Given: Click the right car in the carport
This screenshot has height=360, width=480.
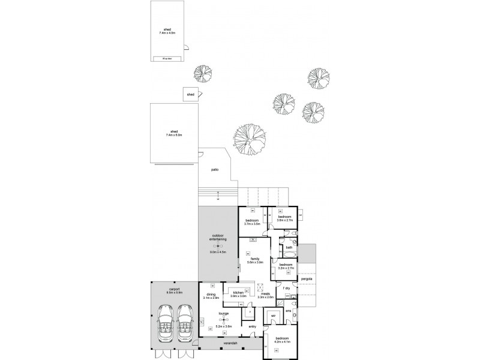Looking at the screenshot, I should point(184,322).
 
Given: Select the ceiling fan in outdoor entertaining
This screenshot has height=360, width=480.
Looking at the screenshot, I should point(218,247).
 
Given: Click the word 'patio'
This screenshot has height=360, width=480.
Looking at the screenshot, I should point(214,169).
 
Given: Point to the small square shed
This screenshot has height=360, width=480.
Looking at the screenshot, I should point(191,94).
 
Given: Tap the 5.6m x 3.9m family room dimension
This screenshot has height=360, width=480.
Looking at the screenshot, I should point(255,262).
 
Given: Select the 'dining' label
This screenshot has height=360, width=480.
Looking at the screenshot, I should point(211,294).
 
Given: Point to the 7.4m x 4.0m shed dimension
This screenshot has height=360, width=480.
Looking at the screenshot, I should point(167,32).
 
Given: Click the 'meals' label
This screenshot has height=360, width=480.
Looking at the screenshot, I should point(265,294).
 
